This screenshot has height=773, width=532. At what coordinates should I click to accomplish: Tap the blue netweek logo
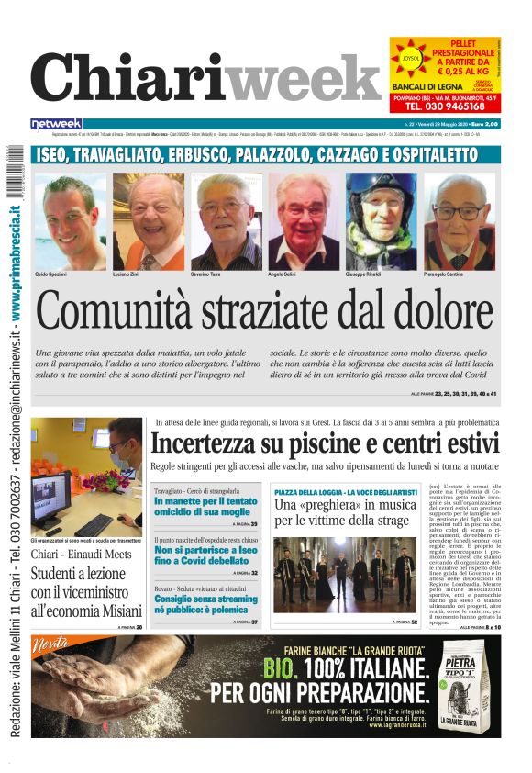coord(56,123)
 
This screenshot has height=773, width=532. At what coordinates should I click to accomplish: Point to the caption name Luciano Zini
coord(127,274)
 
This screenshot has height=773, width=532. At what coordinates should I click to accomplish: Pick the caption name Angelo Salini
coord(283,274)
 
